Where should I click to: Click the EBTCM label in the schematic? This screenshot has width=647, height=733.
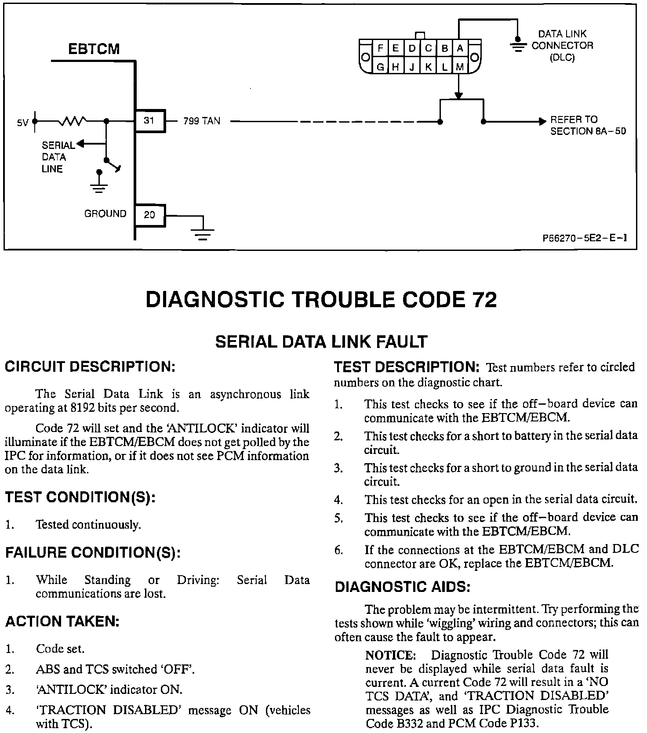[94, 49]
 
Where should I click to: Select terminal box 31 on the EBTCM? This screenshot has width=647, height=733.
[149, 120]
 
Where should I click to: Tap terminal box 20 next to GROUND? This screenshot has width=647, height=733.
[149, 215]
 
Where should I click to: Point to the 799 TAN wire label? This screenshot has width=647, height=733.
[202, 121]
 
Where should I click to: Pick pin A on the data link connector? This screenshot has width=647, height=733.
[460, 49]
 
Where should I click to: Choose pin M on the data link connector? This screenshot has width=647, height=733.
[460, 67]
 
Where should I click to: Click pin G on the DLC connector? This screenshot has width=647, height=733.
[381, 67]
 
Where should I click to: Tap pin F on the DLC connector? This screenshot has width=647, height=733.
[381, 49]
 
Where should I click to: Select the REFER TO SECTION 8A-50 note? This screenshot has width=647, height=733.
[588, 125]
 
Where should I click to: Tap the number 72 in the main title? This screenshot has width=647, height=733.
[484, 300]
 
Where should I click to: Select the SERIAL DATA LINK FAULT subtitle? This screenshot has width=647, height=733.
[321, 342]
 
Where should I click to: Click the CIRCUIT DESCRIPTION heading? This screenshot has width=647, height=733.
[90, 366]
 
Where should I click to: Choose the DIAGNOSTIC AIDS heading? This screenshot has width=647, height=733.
[403, 587]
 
